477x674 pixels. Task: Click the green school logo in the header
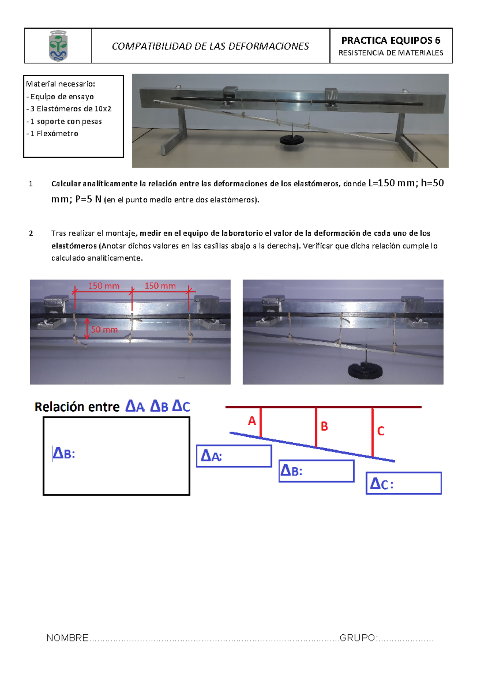point(58,46)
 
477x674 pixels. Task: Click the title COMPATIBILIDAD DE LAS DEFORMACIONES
point(210,46)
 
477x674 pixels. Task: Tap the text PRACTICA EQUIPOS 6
point(390,40)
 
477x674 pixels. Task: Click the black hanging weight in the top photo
point(292,139)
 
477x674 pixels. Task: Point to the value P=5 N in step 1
point(88,199)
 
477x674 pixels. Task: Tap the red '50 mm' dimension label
point(104,329)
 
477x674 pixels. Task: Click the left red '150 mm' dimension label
point(103,286)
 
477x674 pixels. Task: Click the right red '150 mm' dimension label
point(160,286)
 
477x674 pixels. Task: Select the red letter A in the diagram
point(252,420)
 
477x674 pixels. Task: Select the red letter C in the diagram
point(380,431)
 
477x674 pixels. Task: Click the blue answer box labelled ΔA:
point(234,456)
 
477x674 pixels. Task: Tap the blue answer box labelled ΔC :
point(403,483)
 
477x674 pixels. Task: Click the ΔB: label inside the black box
point(64,453)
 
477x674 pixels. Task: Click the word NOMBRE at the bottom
point(68,638)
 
